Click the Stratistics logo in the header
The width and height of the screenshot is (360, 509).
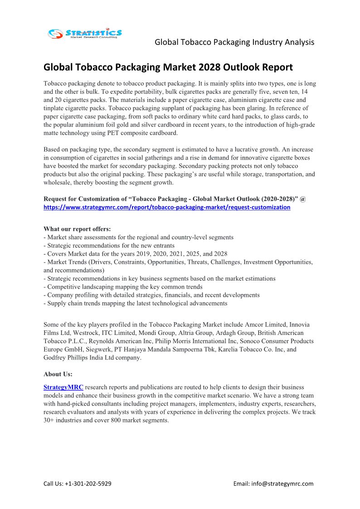coord(85,33)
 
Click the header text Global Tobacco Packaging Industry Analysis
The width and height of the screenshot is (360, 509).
coord(234,42)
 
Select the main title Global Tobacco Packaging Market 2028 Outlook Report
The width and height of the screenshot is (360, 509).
coord(168,68)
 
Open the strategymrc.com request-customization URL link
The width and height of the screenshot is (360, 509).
coord(167,207)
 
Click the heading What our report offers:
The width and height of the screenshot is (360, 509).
coord(77,229)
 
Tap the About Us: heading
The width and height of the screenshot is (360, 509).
coord(58,374)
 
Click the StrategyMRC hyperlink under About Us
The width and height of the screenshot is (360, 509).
coord(63,388)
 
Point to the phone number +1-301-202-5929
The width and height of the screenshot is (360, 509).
coord(88,483)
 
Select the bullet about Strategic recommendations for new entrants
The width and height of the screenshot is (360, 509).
coord(109,246)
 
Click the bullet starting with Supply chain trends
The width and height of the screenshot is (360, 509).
coord(135,303)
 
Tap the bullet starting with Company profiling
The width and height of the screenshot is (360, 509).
coord(151,295)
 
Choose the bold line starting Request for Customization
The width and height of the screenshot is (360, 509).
coord(175,199)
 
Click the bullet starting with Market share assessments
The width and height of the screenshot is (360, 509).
coord(138,237)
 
